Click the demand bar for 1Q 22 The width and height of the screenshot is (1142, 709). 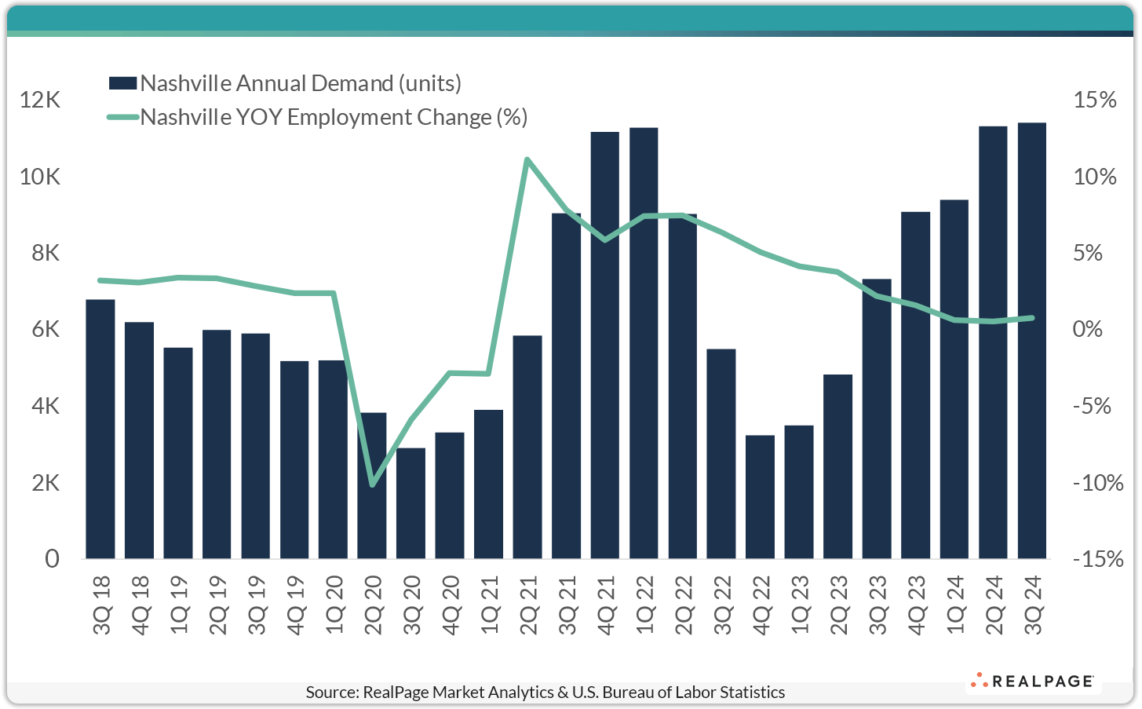click(644, 343)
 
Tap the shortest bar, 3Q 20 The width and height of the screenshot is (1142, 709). click(410, 503)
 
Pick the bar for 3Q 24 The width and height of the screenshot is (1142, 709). click(1032, 341)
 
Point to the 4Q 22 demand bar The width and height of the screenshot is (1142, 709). click(760, 497)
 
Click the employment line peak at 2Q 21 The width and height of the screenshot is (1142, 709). click(527, 159)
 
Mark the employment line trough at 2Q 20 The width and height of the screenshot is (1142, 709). click(372, 484)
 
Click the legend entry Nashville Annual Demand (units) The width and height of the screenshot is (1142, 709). click(301, 83)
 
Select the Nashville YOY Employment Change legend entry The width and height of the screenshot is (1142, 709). click(334, 117)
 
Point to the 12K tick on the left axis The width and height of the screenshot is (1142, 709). click(40, 100)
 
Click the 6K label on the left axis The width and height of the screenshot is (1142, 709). click(45, 329)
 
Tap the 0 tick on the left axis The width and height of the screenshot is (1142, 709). click(52, 558)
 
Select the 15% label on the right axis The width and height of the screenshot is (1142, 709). click(1095, 100)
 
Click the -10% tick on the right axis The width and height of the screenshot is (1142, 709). click(1097, 482)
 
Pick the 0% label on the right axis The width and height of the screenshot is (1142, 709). click(1088, 329)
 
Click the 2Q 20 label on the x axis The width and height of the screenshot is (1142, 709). click(373, 605)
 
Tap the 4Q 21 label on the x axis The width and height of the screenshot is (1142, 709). click(606, 605)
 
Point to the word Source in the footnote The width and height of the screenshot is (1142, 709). click(331, 692)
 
